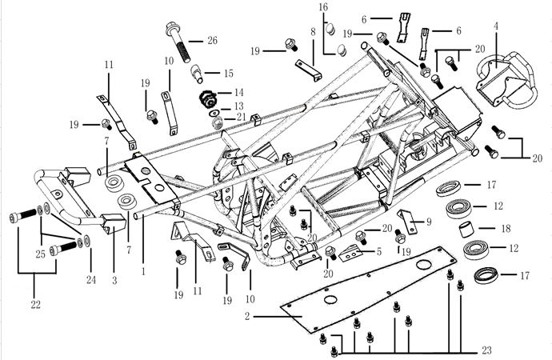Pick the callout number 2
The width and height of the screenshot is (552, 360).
(x=249, y=318)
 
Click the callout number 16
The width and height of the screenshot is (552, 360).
(x=324, y=6)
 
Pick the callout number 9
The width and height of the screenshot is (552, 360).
(x=429, y=222)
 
